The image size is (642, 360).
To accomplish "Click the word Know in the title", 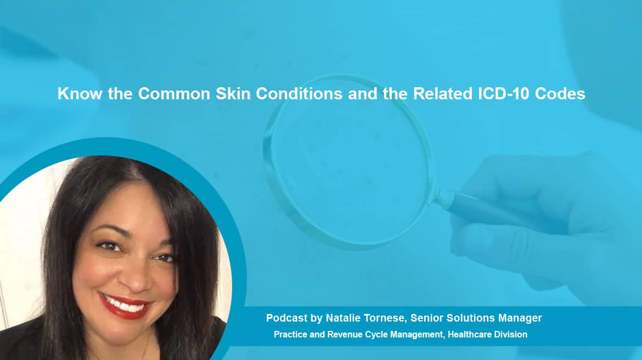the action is pyautogui.click(x=80, y=93).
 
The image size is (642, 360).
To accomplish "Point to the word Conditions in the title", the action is pyautogui.click(x=299, y=93).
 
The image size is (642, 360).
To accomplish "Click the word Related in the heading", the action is pyautogui.click(x=443, y=93).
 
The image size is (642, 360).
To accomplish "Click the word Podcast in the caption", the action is pyautogui.click(x=286, y=318).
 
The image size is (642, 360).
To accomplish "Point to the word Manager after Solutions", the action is pyautogui.click(x=520, y=318).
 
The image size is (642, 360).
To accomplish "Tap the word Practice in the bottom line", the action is pyautogui.click(x=290, y=335).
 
